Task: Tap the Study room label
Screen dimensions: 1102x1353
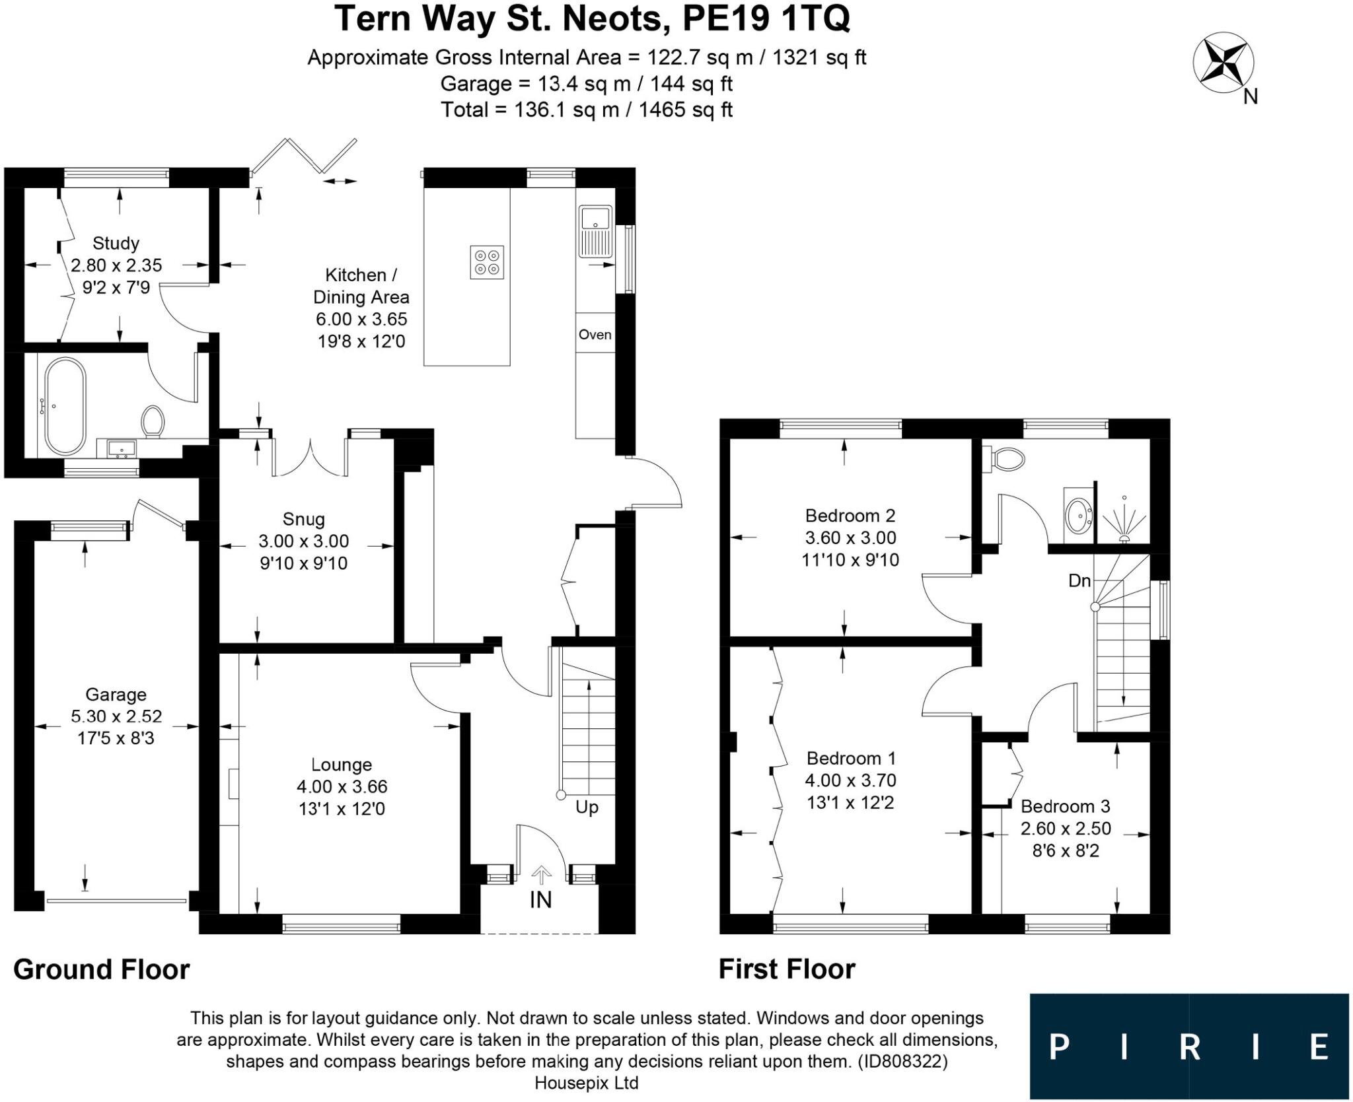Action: pyautogui.click(x=116, y=243)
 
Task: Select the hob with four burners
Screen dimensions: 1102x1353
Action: pyautogui.click(x=487, y=262)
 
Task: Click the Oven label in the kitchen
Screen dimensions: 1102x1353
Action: pyautogui.click(x=595, y=335)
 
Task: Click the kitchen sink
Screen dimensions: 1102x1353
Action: pyautogui.click(x=595, y=231)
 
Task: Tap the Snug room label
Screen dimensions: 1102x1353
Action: pyautogui.click(x=303, y=519)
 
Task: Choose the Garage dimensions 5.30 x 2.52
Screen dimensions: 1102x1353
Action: pyautogui.click(x=116, y=716)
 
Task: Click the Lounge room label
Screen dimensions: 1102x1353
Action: pyautogui.click(x=342, y=765)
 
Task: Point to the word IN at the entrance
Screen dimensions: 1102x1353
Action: pyautogui.click(x=540, y=899)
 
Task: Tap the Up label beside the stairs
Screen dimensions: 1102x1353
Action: pyautogui.click(x=587, y=807)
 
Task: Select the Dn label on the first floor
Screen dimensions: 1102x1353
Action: pyautogui.click(x=1079, y=580)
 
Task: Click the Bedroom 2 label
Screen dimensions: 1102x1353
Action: pyautogui.click(x=850, y=515)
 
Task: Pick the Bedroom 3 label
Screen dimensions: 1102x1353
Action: pyautogui.click(x=1065, y=806)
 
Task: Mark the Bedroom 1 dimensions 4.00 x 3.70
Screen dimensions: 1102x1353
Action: pyautogui.click(x=850, y=780)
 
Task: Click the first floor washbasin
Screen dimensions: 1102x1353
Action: pyautogui.click(x=1078, y=511)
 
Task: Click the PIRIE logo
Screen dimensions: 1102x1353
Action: pyautogui.click(x=1188, y=1047)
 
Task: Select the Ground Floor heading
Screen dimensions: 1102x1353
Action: pyautogui.click(x=101, y=969)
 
